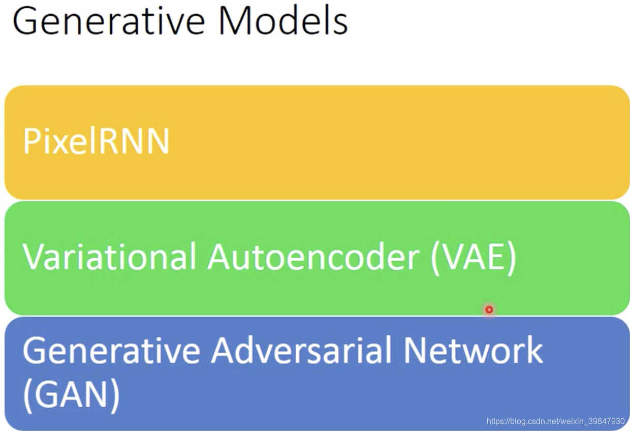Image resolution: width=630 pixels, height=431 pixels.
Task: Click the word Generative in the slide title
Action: pos(109,21)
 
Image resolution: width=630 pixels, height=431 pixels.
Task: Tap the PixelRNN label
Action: pos(96,141)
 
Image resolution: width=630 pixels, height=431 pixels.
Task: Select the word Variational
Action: pos(109,257)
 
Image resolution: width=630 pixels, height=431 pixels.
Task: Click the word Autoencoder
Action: pos(313,257)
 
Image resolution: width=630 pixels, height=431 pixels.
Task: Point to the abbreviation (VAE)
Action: pos(474,258)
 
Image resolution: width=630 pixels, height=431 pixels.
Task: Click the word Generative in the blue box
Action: pos(111,351)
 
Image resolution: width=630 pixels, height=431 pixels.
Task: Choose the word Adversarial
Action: pos(301,350)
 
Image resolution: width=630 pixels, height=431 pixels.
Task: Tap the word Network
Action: pos(474,350)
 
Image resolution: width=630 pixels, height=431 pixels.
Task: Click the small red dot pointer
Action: pos(489,310)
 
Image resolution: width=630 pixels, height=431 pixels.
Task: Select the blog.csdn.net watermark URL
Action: pos(555,421)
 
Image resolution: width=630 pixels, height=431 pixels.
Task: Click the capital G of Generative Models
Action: pos(25,21)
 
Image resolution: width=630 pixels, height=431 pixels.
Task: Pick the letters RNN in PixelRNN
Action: pos(134,141)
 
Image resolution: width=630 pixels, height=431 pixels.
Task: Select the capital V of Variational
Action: pos(36,257)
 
